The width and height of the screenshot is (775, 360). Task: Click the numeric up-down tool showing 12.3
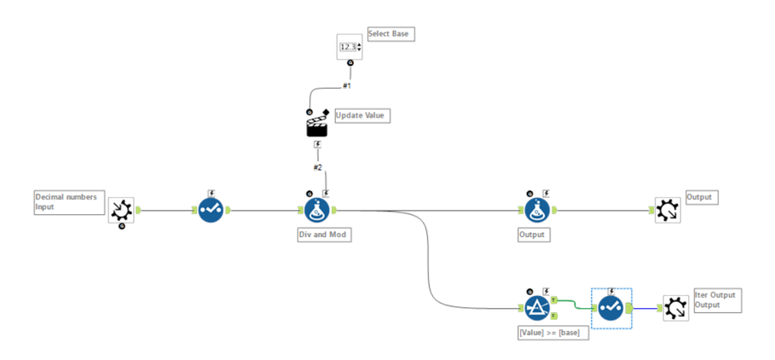(x=350, y=47)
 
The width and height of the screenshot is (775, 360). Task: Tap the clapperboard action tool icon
(x=317, y=126)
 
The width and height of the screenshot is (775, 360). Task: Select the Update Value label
(x=361, y=115)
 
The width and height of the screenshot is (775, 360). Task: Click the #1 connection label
(x=347, y=86)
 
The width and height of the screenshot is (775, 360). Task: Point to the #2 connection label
(x=317, y=167)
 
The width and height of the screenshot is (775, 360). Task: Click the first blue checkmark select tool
(x=211, y=210)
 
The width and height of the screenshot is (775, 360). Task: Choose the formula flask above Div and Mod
(x=317, y=210)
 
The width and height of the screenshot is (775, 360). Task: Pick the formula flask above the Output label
(x=535, y=210)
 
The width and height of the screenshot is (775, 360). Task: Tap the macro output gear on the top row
(x=667, y=210)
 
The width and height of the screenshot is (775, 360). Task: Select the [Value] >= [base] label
(x=548, y=332)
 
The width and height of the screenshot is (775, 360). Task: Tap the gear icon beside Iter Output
(x=674, y=308)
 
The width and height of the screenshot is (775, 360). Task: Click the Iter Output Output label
(x=717, y=299)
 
